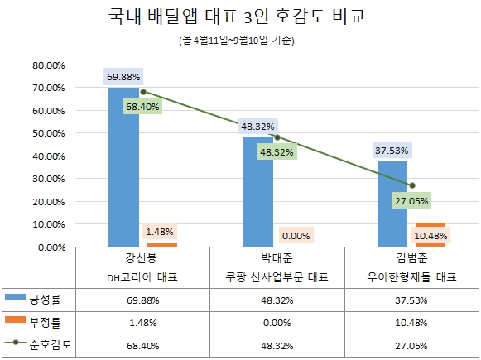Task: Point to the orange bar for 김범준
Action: (x=430, y=235)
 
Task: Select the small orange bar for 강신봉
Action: (x=161, y=245)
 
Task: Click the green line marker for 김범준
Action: (x=412, y=185)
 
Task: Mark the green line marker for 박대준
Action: (x=277, y=137)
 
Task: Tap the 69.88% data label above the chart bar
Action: (x=123, y=77)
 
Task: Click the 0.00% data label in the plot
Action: (x=296, y=236)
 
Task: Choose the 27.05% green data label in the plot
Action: (x=412, y=199)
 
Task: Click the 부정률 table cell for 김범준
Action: (x=411, y=322)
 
